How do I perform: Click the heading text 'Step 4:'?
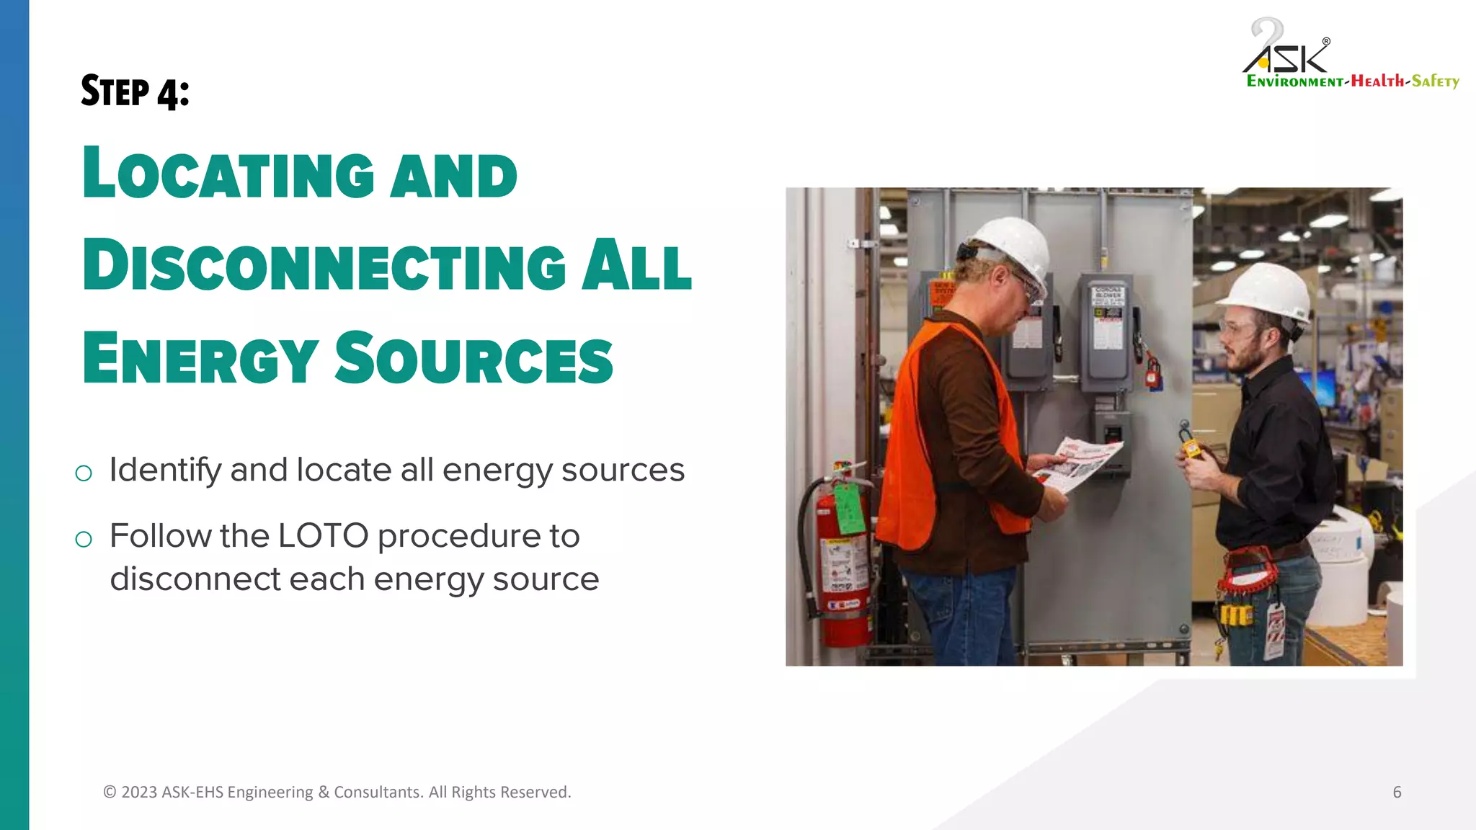135,92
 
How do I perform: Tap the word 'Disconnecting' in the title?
324,266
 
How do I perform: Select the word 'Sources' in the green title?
474,358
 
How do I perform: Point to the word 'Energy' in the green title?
200,358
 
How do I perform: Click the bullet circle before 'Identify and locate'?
84,473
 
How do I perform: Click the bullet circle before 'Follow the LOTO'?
84,539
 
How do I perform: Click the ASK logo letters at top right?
1287,54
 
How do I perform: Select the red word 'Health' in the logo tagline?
1377,81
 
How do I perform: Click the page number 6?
1397,793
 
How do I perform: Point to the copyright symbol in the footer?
110,793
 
